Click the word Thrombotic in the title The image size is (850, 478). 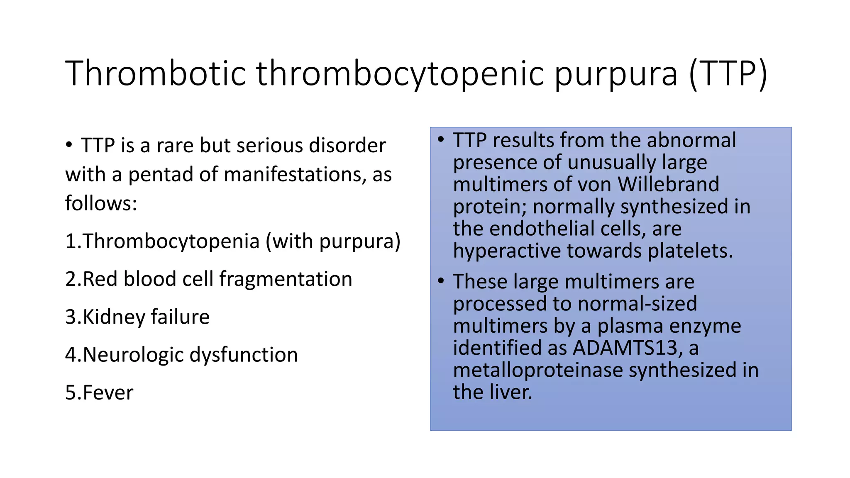pos(156,73)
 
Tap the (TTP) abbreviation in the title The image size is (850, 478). pos(728,73)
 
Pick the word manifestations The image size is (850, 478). pos(295,175)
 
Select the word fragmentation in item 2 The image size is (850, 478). pos(286,279)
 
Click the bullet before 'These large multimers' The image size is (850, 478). pos(441,281)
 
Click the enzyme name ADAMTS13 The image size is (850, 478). pos(625,348)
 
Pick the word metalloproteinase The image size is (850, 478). pos(538,370)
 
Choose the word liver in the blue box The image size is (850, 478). pos(512,392)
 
